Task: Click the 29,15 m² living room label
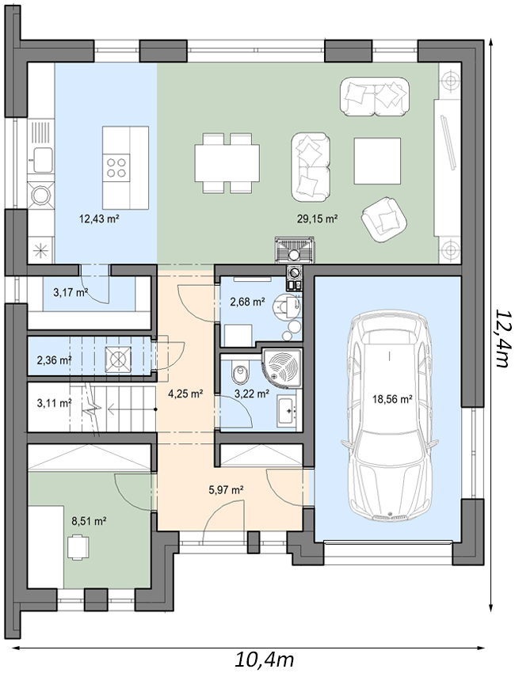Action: (317, 219)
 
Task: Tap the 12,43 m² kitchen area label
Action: (99, 219)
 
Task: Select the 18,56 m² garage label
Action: (392, 399)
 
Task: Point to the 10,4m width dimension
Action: (264, 658)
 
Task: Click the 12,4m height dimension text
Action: (502, 337)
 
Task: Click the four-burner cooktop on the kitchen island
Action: (116, 167)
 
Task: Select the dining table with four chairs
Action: (227, 163)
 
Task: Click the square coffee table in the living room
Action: (378, 161)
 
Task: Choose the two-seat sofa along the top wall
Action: (375, 97)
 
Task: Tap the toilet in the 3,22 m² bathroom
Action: (240, 373)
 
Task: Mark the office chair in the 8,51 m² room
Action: (78, 546)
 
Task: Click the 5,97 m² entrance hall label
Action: (227, 489)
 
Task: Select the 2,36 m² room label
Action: (54, 359)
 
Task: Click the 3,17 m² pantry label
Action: (71, 293)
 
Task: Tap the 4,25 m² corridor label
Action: (185, 394)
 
